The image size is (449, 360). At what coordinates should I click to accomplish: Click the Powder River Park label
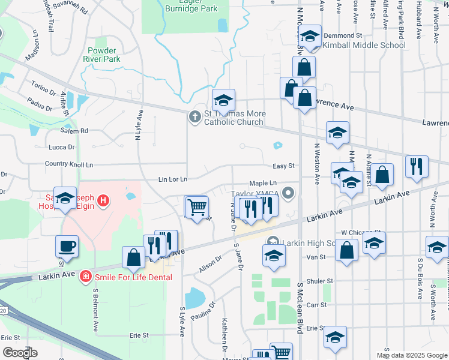point(104,55)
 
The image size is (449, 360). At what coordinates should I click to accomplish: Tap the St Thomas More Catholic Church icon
point(194,116)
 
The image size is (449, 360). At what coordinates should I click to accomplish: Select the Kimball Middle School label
point(364,45)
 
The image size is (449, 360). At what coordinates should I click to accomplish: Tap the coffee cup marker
point(67,246)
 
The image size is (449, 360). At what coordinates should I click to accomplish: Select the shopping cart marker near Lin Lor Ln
point(196,208)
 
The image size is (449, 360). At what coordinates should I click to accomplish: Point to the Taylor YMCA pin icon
point(289,193)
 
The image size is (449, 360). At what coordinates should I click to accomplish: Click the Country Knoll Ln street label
point(69,164)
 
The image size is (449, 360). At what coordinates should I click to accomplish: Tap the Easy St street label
point(285,166)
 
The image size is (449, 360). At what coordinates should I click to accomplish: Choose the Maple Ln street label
point(263,184)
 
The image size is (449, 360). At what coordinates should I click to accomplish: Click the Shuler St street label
point(320,281)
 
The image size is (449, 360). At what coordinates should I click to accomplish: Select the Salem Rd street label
point(74,130)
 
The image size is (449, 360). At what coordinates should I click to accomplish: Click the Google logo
point(20,352)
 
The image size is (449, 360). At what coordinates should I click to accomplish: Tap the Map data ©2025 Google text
point(412,355)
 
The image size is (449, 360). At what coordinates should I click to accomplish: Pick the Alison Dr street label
point(211,263)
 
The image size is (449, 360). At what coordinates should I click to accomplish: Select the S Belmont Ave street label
point(95,310)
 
